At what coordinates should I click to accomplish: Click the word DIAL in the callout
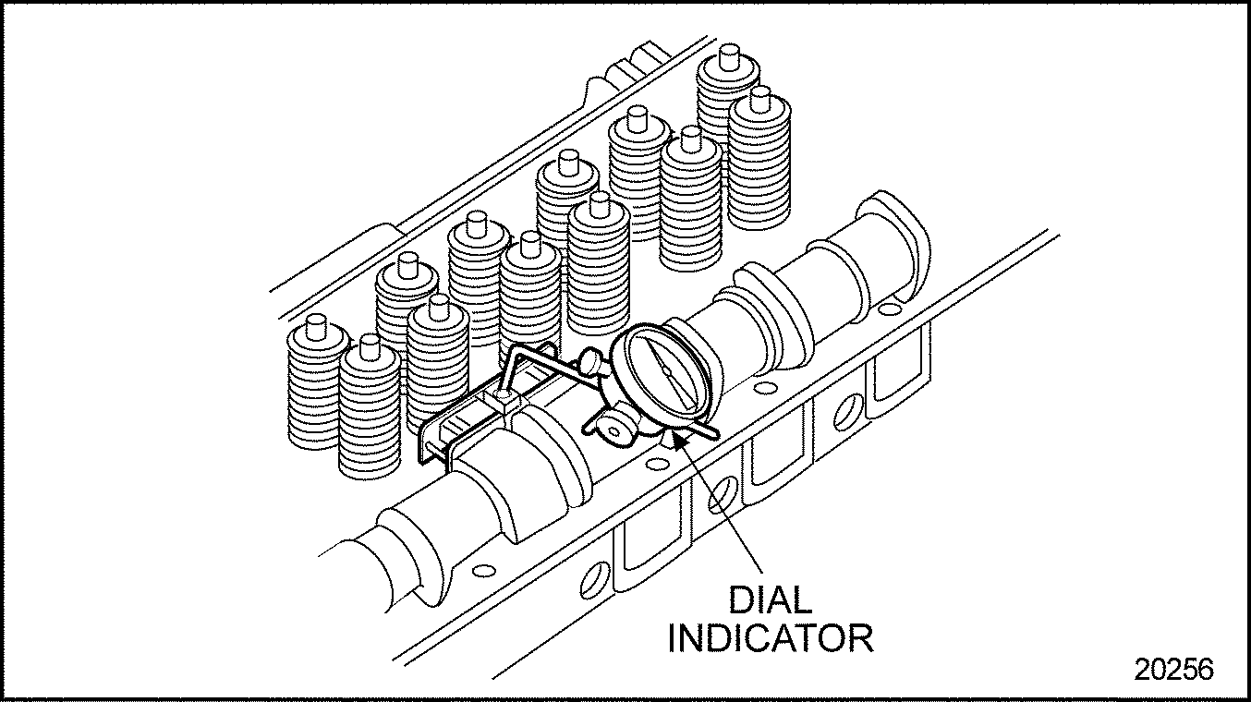click(771, 600)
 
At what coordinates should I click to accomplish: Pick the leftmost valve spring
click(314, 388)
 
